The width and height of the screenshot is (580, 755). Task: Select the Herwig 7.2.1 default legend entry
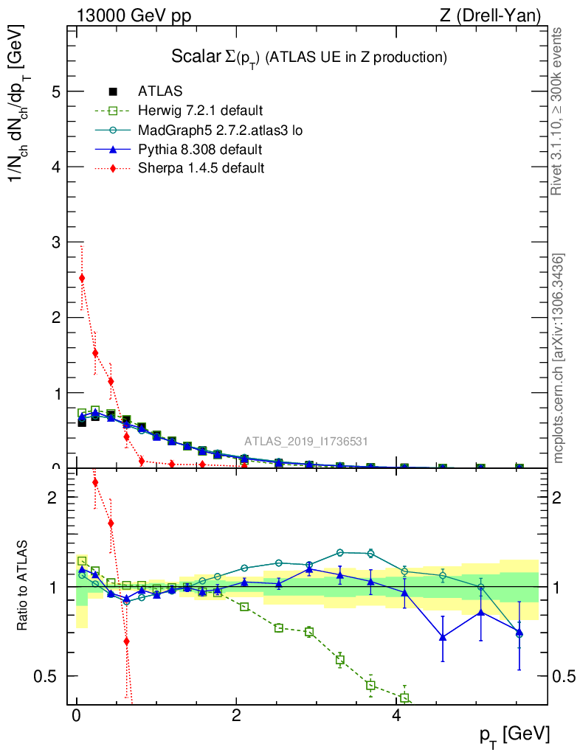tap(199, 111)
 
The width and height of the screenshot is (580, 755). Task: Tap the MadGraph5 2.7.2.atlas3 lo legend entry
tap(220, 131)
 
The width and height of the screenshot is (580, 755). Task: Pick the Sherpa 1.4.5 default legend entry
tap(201, 168)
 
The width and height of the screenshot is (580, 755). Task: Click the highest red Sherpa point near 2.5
tap(82, 278)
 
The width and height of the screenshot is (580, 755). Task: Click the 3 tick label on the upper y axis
tap(54, 242)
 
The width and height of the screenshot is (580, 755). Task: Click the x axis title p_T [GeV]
tap(514, 734)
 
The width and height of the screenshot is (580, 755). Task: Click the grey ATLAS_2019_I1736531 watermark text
tap(306, 442)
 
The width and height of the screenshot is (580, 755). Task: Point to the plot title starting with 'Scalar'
tap(308, 57)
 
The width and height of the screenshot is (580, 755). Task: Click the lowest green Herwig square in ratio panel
tap(404, 698)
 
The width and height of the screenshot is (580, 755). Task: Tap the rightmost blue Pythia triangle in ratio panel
tap(519, 633)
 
